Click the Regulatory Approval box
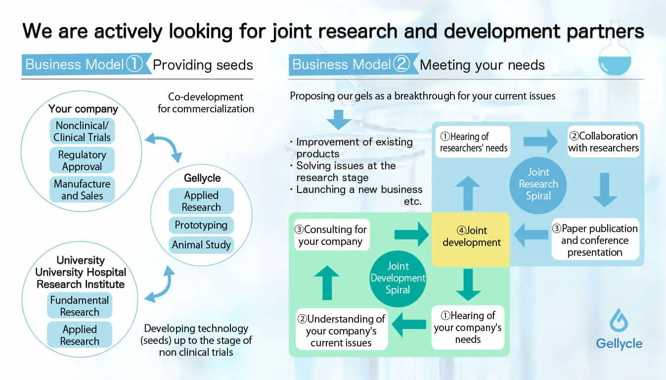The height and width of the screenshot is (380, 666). click(82, 160)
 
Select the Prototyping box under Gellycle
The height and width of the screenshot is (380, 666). click(201, 225)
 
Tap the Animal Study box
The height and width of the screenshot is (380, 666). click(201, 244)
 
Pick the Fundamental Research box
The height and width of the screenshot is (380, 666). click(80, 306)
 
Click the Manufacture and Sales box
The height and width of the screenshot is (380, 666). click(82, 190)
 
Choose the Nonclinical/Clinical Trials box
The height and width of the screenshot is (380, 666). click(82, 131)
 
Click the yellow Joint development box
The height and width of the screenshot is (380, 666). click(471, 239)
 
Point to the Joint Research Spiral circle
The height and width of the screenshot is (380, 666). click(538, 185)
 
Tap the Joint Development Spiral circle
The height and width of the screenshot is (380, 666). click(398, 279)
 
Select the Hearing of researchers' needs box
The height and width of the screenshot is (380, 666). click(473, 142)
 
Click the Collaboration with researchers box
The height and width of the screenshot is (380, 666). click(604, 142)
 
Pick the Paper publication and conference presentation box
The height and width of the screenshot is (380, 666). click(595, 240)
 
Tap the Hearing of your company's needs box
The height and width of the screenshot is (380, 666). click(468, 327)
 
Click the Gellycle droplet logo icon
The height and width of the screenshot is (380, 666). click(619, 320)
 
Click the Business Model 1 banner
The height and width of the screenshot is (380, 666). click(87, 64)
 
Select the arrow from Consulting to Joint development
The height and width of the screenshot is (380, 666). click(411, 235)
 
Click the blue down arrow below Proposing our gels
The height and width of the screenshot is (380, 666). click(339, 120)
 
